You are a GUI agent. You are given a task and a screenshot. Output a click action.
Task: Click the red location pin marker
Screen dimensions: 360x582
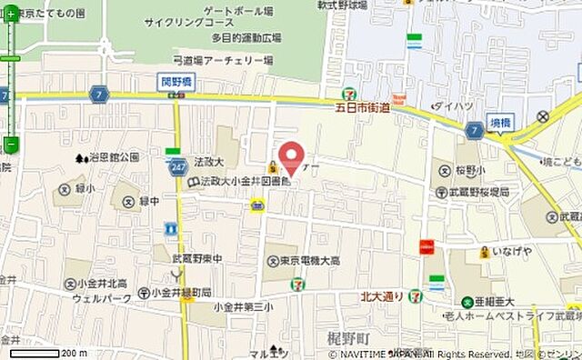tap(291, 156)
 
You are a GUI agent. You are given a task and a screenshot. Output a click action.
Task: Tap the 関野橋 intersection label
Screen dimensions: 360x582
tap(174, 81)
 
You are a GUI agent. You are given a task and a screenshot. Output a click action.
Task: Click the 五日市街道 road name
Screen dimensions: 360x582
tap(359, 107)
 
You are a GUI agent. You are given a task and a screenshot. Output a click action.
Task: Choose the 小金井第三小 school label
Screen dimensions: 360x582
tap(243, 307)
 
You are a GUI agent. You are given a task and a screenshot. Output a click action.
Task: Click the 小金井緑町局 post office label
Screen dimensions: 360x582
tap(181, 293)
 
